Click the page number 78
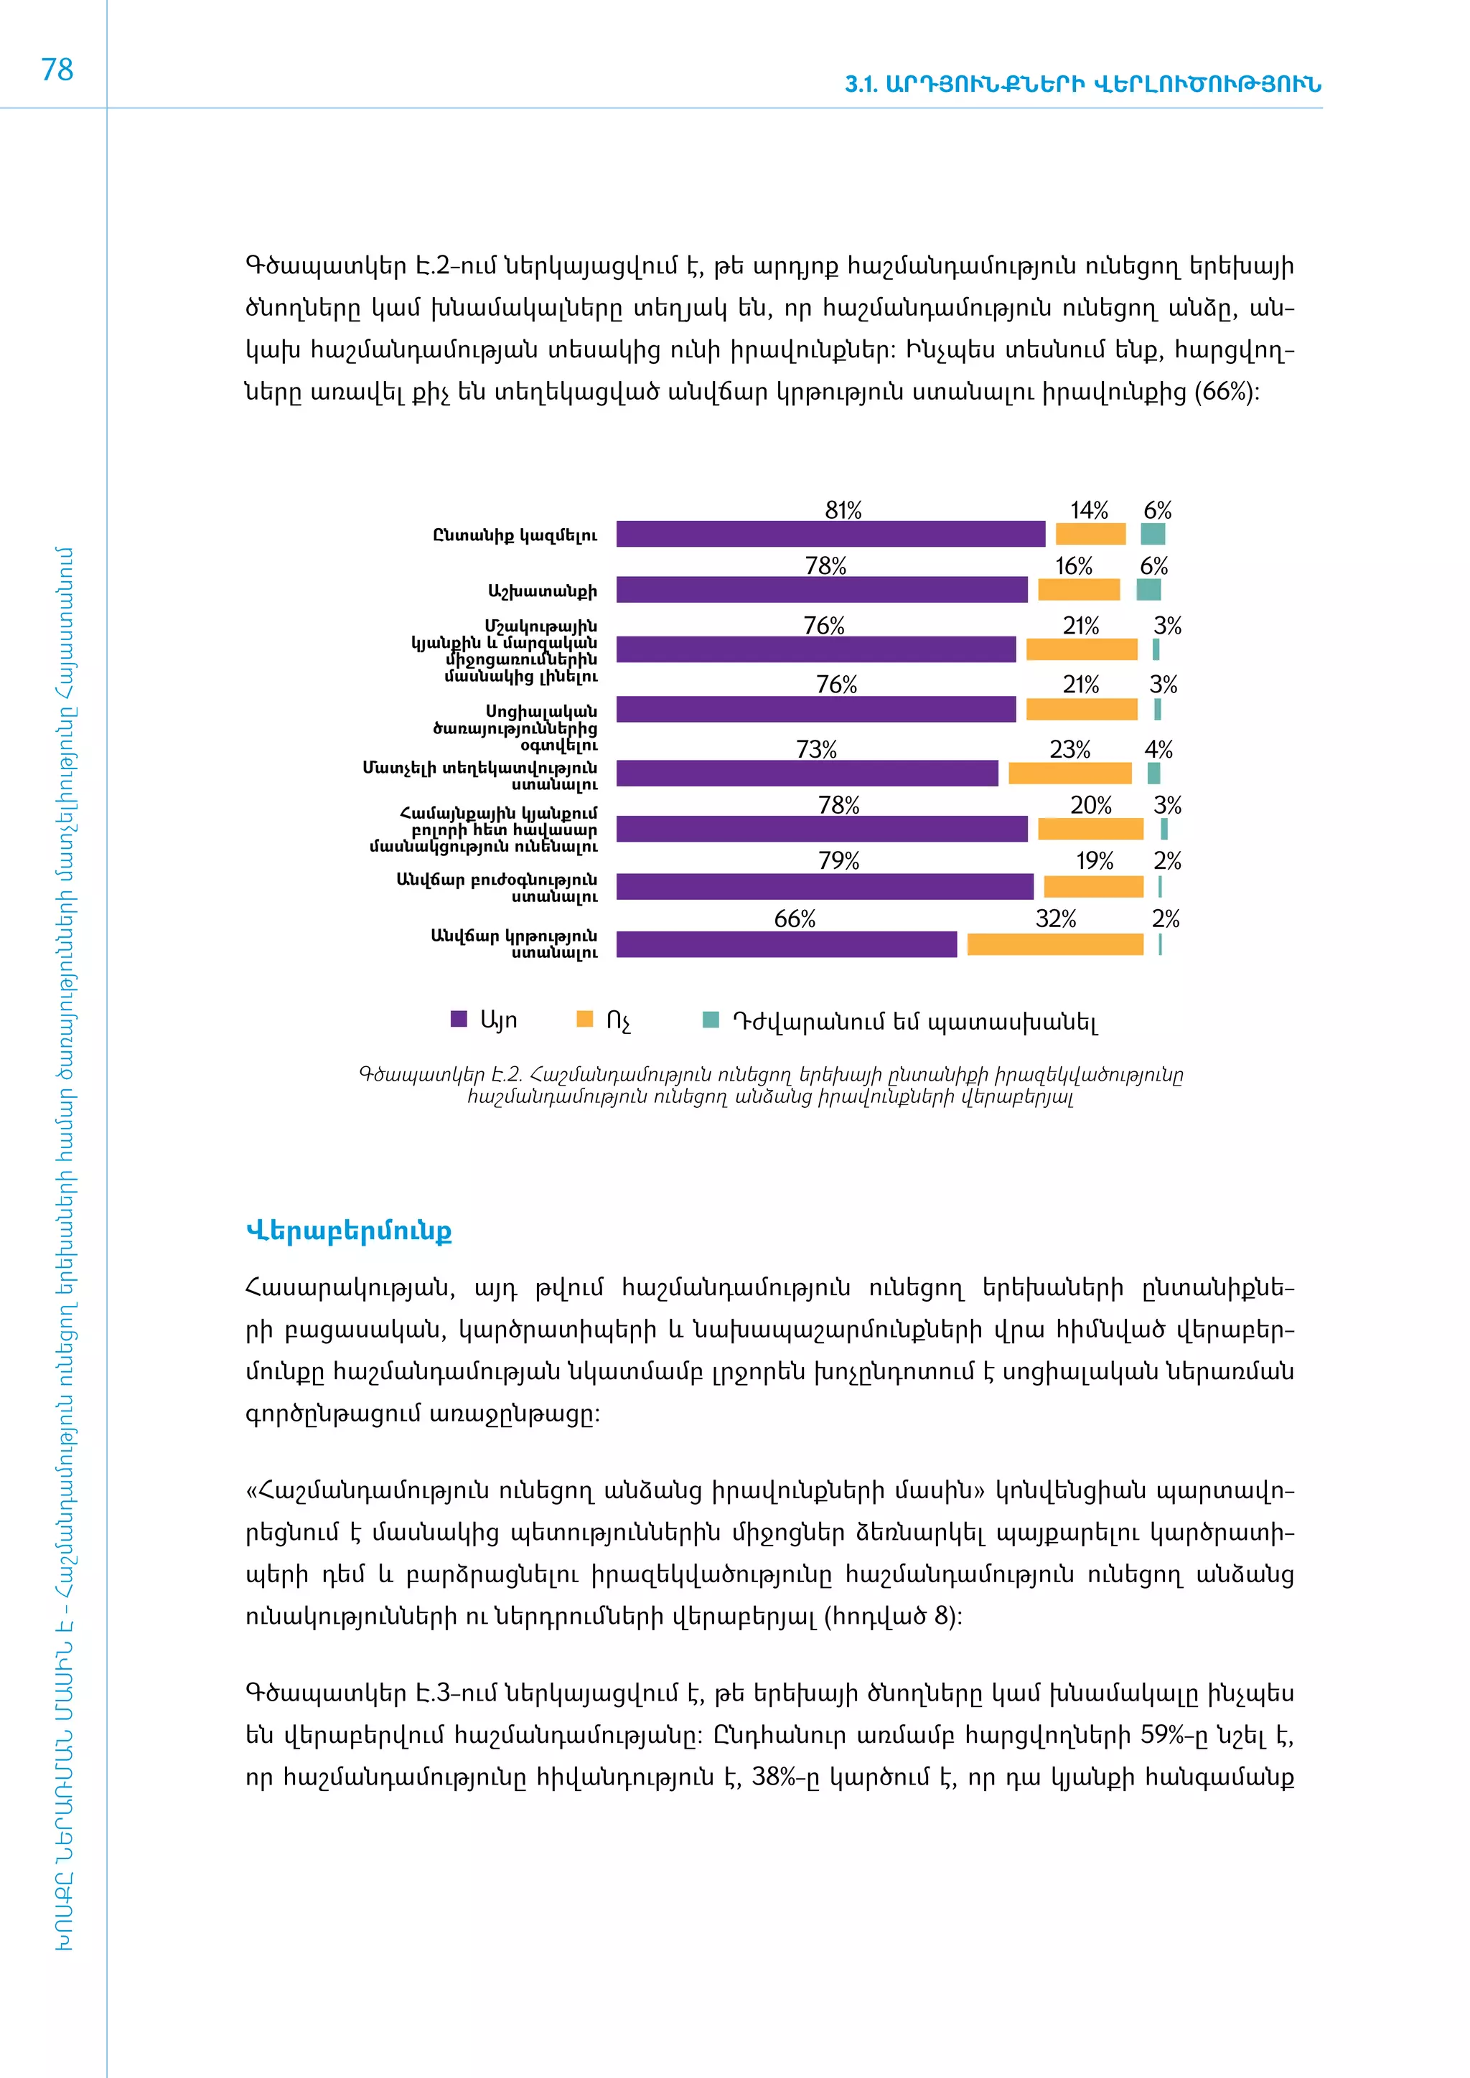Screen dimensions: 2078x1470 pyautogui.click(x=57, y=70)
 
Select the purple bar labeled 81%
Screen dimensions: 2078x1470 pyautogui.click(x=830, y=534)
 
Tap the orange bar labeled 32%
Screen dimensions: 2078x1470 pyautogui.click(x=1054, y=944)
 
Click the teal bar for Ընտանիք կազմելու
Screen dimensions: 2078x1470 pyautogui.click(x=1152, y=534)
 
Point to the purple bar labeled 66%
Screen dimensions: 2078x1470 pyautogui.click(x=786, y=944)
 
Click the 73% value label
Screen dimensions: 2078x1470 pyautogui.click(x=816, y=749)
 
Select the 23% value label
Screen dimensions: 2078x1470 pyautogui.click(x=1070, y=749)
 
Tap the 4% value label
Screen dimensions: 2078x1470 pyautogui.click(x=1158, y=749)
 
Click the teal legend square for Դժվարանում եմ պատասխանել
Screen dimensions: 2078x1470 pyautogui.click(x=711, y=1020)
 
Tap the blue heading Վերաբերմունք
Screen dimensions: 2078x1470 pyautogui.click(x=349, y=1231)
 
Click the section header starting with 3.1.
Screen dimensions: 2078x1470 pyautogui.click(x=1082, y=84)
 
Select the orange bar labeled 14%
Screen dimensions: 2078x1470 pyautogui.click(x=1091, y=534)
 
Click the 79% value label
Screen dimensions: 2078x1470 pyautogui.click(x=839, y=861)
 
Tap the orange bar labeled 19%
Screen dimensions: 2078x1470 pyautogui.click(x=1093, y=887)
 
